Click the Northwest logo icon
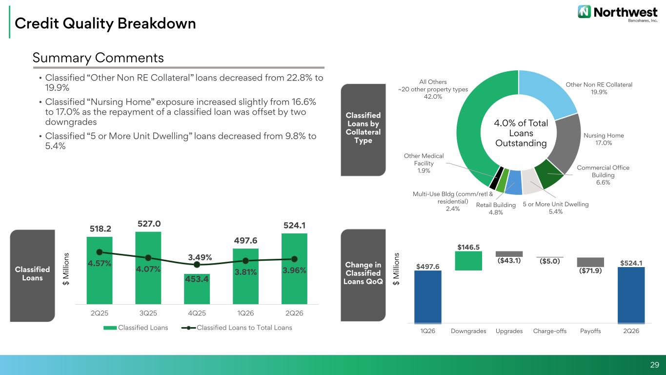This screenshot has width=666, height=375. tap(584, 12)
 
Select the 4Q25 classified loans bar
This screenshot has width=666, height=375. tap(197, 289)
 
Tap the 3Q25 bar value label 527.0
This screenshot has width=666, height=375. tap(149, 224)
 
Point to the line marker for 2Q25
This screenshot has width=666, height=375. tap(100, 252)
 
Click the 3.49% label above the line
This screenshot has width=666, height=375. tap(200, 257)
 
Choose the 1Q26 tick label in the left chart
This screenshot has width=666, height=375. tap(245, 313)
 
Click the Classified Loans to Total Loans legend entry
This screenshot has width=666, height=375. tap(237, 328)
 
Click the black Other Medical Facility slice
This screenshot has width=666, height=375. tap(496, 178)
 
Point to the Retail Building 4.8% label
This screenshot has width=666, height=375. tap(496, 208)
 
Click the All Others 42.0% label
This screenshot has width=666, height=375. tap(433, 89)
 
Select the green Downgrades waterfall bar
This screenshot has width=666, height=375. tap(468, 261)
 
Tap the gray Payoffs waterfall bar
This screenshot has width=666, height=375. tap(590, 262)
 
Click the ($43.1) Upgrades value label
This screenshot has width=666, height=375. tap(509, 261)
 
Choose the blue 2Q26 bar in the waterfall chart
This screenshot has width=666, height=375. tap(631, 295)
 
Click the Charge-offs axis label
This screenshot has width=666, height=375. tap(550, 331)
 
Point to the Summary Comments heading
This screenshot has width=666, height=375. tap(98, 58)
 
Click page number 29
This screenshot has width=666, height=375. tap(654, 365)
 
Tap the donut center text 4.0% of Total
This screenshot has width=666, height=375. tap(521, 123)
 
